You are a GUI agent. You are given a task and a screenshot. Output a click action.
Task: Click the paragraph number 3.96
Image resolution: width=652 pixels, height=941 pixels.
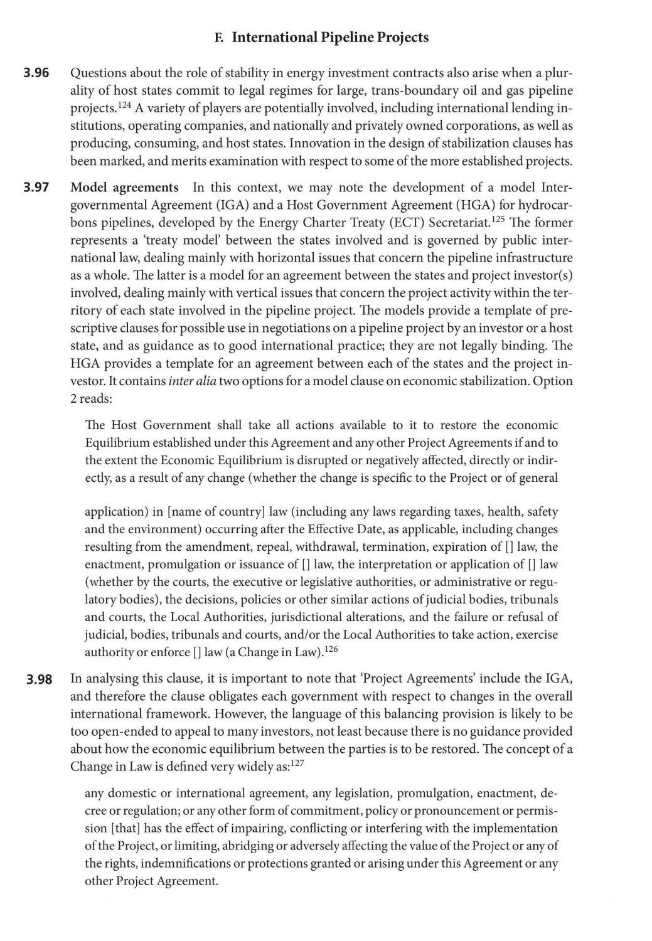(36, 73)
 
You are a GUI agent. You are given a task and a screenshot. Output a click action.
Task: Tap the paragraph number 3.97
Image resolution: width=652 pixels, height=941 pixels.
(36, 188)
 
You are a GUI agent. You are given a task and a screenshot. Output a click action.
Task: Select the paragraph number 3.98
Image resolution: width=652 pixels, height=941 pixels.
(39, 679)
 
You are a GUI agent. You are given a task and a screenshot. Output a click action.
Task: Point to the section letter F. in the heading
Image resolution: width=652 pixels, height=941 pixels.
(220, 38)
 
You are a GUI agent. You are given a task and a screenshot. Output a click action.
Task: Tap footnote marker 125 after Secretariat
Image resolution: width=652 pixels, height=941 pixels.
(500, 220)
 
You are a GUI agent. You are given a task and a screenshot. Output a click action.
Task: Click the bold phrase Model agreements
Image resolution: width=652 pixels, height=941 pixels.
(124, 188)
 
